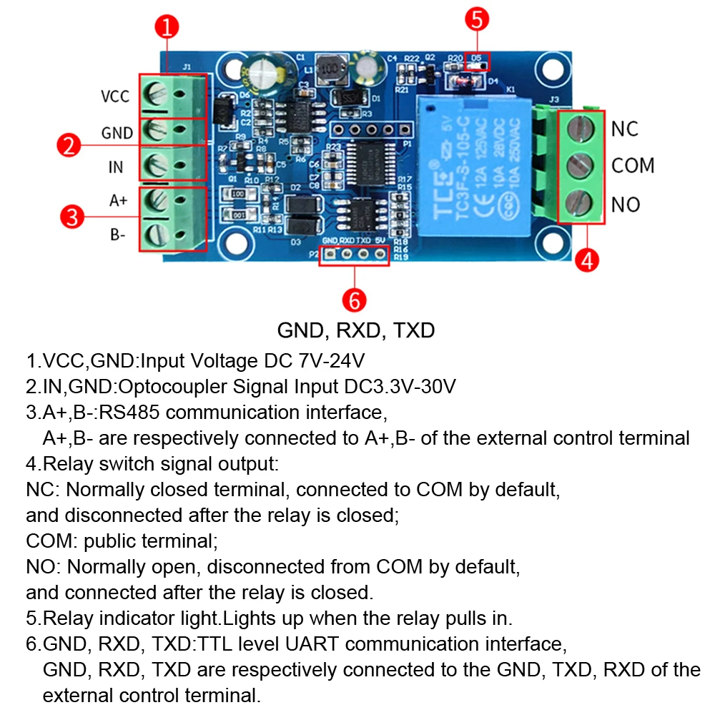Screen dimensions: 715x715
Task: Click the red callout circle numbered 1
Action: [x=167, y=29]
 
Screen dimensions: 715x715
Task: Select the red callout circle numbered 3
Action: [x=71, y=216]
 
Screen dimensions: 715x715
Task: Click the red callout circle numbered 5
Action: [x=478, y=19]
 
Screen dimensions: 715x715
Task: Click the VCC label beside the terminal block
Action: [x=114, y=97]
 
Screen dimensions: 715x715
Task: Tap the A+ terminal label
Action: [x=118, y=201]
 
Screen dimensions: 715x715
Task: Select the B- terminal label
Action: [x=118, y=234]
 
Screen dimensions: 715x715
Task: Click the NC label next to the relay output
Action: [x=624, y=129]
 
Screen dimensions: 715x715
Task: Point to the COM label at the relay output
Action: [x=633, y=166]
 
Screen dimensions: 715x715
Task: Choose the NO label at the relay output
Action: [x=626, y=205]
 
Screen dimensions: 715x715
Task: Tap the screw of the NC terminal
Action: [x=581, y=129]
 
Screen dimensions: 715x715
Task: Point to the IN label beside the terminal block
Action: [x=115, y=167]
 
